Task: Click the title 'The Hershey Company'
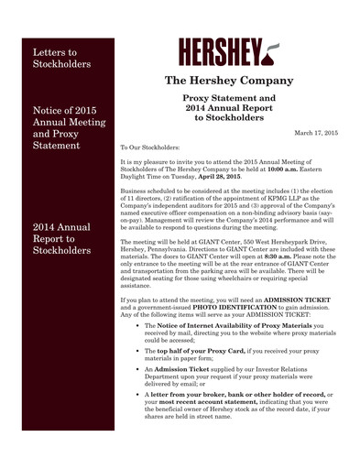pos(234,82)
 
